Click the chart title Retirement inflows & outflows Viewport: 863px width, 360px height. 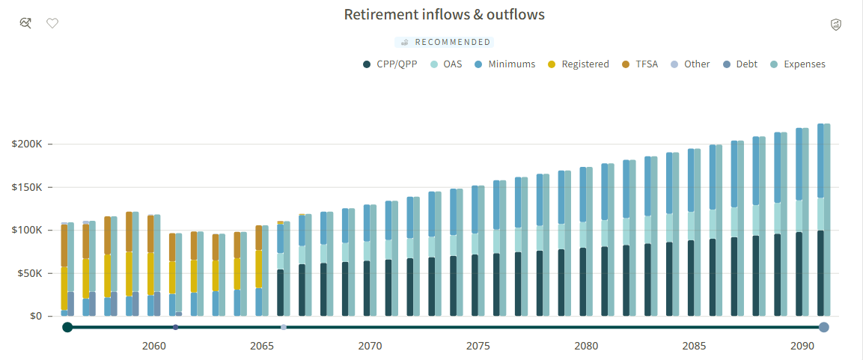point(444,14)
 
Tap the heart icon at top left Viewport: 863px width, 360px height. point(52,23)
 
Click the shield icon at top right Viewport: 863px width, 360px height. point(836,24)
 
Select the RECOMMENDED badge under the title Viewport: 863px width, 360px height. point(444,42)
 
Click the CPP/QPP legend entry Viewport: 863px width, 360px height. point(390,64)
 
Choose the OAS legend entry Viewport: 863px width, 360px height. point(445,64)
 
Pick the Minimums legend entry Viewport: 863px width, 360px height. point(504,64)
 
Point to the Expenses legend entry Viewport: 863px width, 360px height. point(797,64)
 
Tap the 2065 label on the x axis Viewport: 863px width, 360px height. point(262,347)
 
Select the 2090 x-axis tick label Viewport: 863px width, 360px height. point(802,347)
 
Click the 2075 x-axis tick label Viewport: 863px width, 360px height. point(478,347)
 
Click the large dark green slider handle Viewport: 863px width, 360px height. point(67,328)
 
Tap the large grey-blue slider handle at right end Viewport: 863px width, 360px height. point(824,328)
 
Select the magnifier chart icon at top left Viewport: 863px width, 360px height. point(25,23)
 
